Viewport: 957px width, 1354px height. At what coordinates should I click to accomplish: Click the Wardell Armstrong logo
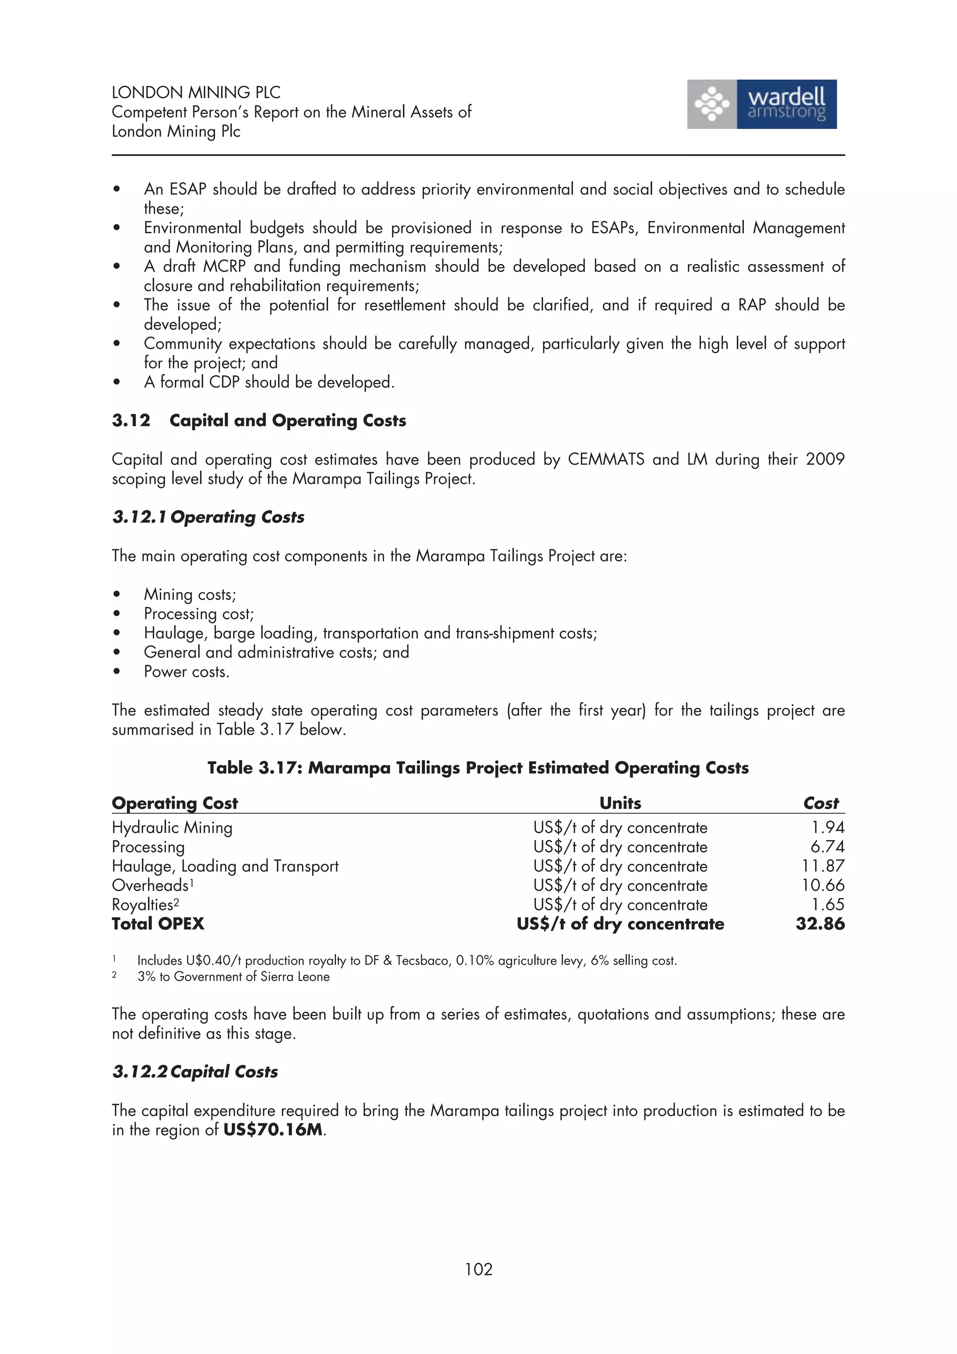761,104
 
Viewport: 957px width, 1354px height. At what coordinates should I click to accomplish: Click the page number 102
478,1268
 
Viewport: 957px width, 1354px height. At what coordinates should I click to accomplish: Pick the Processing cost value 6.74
827,847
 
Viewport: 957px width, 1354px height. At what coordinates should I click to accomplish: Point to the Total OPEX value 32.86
820,924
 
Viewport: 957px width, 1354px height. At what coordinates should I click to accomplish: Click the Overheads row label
150,885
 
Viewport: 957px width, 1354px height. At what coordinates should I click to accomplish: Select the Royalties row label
142,905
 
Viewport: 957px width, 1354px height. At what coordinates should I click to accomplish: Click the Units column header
620,803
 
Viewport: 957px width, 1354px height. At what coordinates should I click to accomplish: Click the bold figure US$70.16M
273,1130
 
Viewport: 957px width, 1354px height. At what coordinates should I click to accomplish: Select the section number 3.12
131,420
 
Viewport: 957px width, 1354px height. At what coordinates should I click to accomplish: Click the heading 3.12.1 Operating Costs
208,517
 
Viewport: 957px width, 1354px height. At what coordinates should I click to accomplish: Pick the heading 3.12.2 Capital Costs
195,1071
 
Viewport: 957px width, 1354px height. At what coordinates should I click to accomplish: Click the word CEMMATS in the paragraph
606,459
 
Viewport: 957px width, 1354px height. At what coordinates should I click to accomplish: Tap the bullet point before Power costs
117,672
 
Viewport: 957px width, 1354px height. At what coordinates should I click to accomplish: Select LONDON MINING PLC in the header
196,92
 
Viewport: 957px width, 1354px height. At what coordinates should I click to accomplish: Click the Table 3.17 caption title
478,768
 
